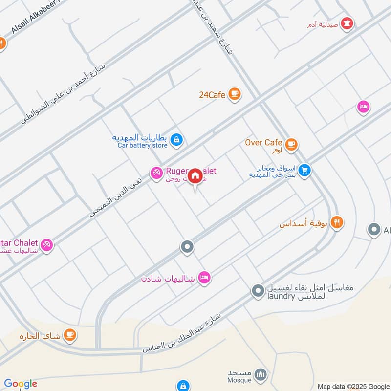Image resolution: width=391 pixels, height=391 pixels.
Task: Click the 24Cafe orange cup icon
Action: [x=235, y=94]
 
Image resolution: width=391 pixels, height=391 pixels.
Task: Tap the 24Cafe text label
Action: [x=212, y=95]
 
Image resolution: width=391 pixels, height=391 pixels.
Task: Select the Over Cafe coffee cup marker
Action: [x=292, y=144]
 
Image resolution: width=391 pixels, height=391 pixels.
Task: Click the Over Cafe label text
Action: [x=263, y=143]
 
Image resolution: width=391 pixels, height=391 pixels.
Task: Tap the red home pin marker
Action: [x=195, y=175]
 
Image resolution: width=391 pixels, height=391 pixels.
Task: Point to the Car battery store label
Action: [x=142, y=145]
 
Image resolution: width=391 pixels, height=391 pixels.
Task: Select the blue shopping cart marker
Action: [x=304, y=171]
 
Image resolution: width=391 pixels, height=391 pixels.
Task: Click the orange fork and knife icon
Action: [x=336, y=222]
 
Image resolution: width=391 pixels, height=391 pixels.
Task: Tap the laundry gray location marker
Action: [x=258, y=292]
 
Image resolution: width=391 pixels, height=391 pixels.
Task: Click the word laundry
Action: [x=281, y=296]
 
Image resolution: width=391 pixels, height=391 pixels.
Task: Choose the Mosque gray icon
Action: [x=261, y=375]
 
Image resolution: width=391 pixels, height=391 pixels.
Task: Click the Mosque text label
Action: [x=239, y=380]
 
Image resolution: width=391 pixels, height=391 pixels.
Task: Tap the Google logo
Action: [x=21, y=384]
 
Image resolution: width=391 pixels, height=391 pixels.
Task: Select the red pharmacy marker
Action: [x=347, y=22]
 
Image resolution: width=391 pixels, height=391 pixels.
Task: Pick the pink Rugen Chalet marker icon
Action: [x=156, y=173]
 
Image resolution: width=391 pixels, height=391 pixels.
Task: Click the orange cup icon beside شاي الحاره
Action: [x=71, y=335]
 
